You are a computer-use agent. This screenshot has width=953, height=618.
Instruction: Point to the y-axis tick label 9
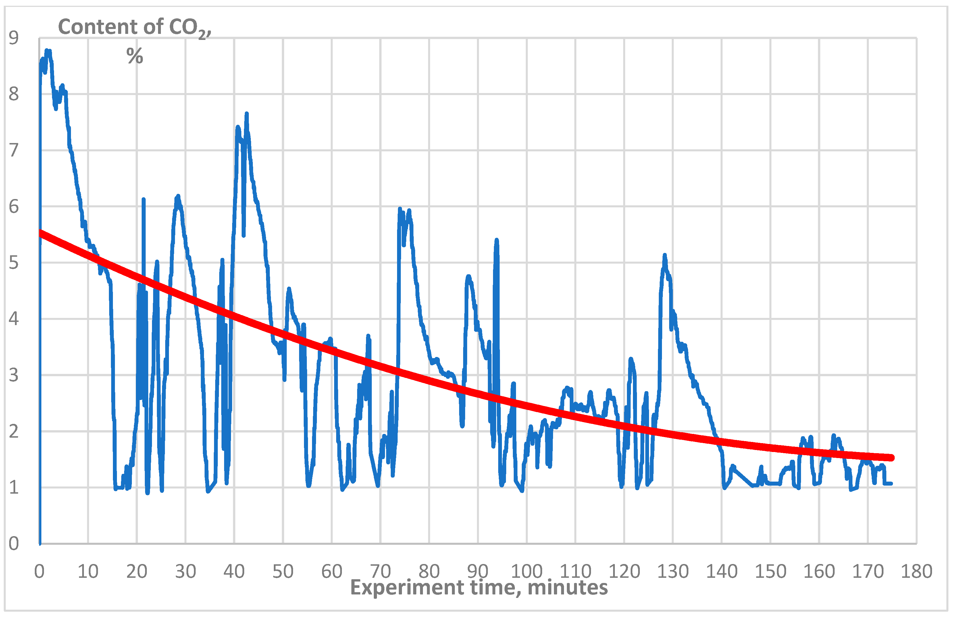(14, 38)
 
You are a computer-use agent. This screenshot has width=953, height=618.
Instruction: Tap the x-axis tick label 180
(917, 571)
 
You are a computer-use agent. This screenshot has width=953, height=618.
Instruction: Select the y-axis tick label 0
(14, 544)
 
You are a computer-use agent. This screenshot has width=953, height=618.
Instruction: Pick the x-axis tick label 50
(283, 571)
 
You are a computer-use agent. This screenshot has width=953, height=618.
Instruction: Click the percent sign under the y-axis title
(134, 56)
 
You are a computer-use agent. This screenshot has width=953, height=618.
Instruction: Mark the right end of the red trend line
(891, 457)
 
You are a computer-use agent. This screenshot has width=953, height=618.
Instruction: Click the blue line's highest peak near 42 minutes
(247, 114)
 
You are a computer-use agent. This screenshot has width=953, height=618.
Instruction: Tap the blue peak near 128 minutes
(665, 255)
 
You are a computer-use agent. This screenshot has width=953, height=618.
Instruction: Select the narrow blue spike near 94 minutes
(496, 240)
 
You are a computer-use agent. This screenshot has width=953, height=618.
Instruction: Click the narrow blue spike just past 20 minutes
(143, 199)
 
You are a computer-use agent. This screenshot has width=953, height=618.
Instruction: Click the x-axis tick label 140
(721, 571)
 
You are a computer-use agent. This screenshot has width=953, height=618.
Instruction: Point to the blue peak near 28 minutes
(178, 196)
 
